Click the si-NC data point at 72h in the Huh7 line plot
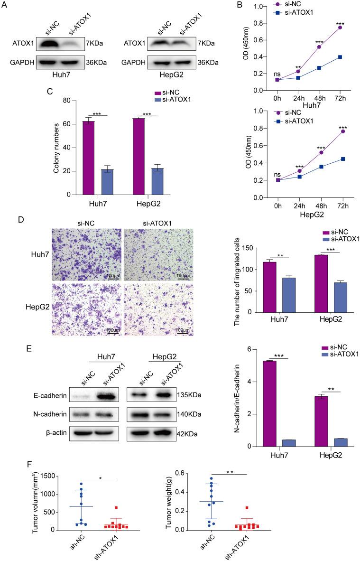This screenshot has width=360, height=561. click(x=340, y=28)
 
